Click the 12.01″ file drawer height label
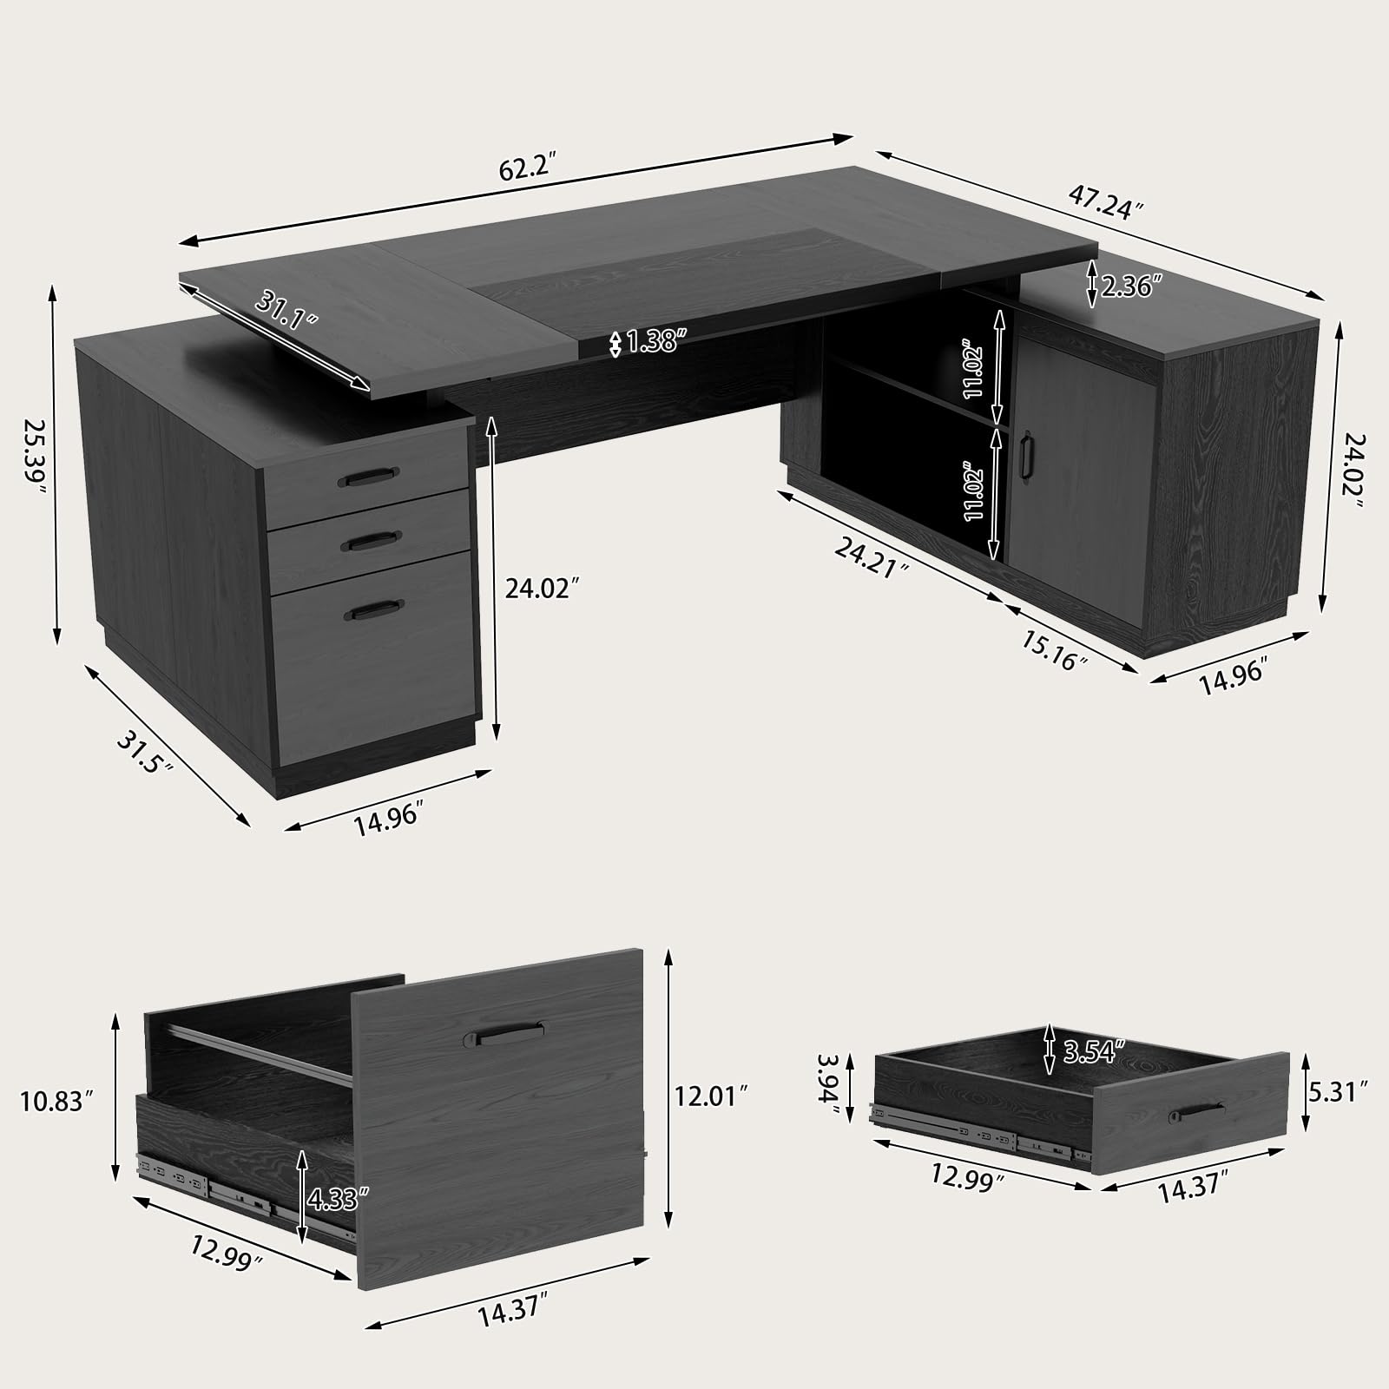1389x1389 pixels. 711,1096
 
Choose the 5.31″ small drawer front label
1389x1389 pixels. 1340,1089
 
